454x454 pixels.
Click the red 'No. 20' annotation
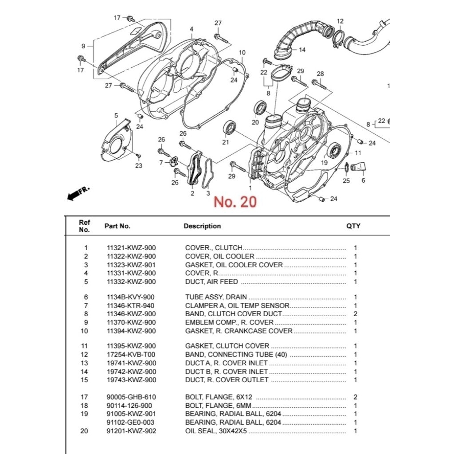click(x=235, y=202)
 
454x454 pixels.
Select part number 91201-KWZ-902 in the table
click(x=131, y=431)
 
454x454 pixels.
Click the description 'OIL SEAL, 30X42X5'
click(x=216, y=431)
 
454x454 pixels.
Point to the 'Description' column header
click(x=202, y=226)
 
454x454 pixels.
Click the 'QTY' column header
click(x=353, y=226)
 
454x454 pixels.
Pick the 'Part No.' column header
click(x=117, y=226)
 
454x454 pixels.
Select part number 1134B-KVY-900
click(x=131, y=297)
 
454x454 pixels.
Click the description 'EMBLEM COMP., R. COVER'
click(x=229, y=322)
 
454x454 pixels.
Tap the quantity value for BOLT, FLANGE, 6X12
click(x=355, y=397)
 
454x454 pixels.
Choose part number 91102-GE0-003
click(x=131, y=423)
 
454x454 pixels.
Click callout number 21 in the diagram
click(x=226, y=142)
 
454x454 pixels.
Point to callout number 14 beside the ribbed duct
click(x=302, y=50)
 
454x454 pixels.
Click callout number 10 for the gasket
click(x=242, y=53)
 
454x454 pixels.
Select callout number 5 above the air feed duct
click(x=116, y=116)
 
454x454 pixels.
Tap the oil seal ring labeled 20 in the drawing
click(x=260, y=108)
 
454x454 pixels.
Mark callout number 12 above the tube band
click(x=340, y=21)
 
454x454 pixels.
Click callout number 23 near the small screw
click(x=139, y=166)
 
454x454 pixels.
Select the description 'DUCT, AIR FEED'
click(x=211, y=282)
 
